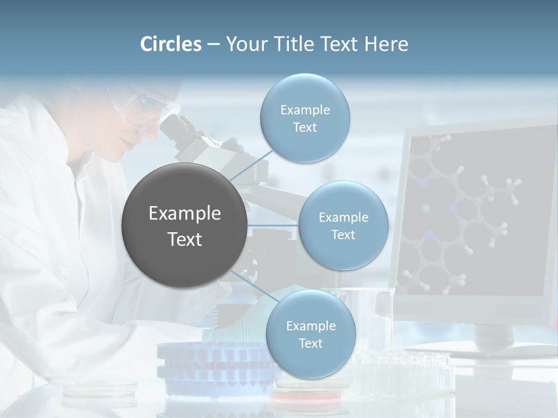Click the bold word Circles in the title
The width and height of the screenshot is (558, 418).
[x=171, y=44]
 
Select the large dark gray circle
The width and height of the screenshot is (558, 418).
[x=184, y=225]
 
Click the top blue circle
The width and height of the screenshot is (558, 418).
[x=305, y=118]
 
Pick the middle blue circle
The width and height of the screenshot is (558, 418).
[x=343, y=225]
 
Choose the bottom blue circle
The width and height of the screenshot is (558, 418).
[x=310, y=334]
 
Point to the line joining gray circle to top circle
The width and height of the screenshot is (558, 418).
[x=251, y=164]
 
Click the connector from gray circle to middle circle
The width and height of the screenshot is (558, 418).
[x=273, y=225]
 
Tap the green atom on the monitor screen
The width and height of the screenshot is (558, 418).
[x=425, y=208]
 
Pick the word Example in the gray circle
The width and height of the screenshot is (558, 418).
[x=184, y=214]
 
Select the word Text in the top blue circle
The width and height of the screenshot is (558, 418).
[x=305, y=127]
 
